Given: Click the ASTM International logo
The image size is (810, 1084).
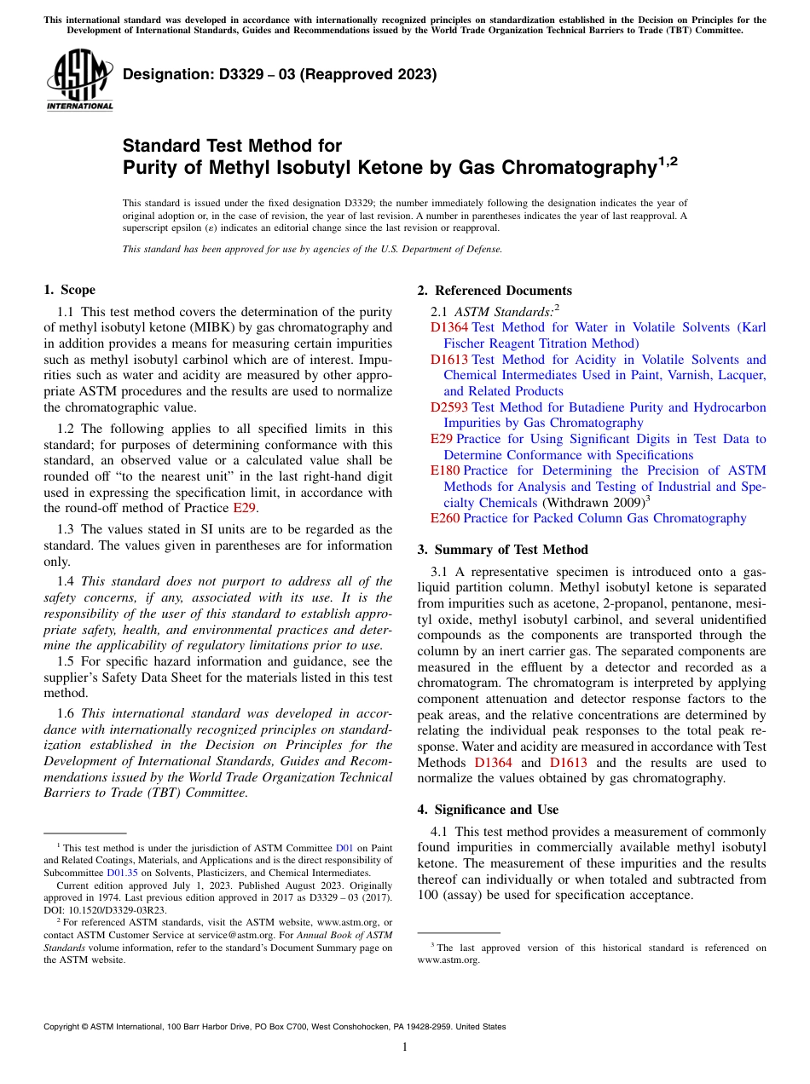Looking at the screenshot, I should [79, 79].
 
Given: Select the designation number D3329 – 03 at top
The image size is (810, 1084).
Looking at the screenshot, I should [280, 74].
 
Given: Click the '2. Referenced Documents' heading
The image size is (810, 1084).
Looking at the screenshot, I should [495, 291].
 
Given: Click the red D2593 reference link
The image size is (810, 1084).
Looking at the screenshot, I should [448, 407].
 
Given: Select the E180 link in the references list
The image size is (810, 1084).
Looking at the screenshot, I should [445, 470].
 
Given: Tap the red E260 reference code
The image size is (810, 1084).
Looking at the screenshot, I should [445, 518].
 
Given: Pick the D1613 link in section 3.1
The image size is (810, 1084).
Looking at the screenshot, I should [569, 763].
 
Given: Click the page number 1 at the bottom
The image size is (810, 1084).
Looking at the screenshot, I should [405, 1047].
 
